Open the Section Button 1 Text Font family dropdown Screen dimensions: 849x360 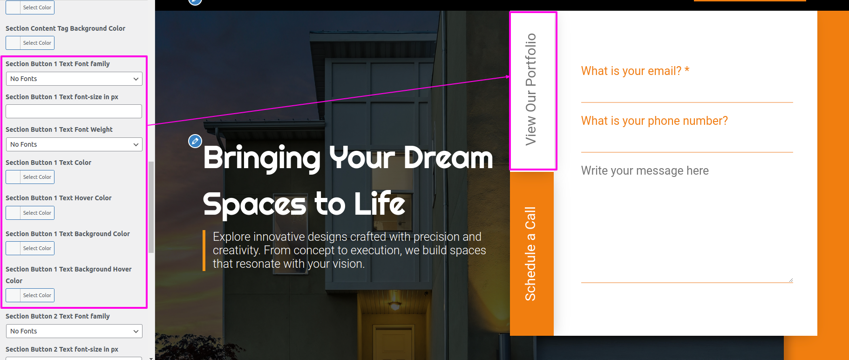[74, 79]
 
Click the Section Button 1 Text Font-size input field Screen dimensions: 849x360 [74, 111]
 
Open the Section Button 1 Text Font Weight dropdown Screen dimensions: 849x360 [74, 144]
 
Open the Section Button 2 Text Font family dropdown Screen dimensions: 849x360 [74, 331]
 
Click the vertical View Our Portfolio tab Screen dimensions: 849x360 [533, 91]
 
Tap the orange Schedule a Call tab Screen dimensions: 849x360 [531, 253]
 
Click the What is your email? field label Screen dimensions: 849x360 [635, 71]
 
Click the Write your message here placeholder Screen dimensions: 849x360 [645, 170]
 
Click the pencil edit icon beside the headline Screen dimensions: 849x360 [195, 141]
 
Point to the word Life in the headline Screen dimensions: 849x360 [380, 204]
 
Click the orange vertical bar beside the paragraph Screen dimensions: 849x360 [204, 250]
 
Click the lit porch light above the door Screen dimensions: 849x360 [395, 306]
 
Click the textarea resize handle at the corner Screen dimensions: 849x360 [790, 280]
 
